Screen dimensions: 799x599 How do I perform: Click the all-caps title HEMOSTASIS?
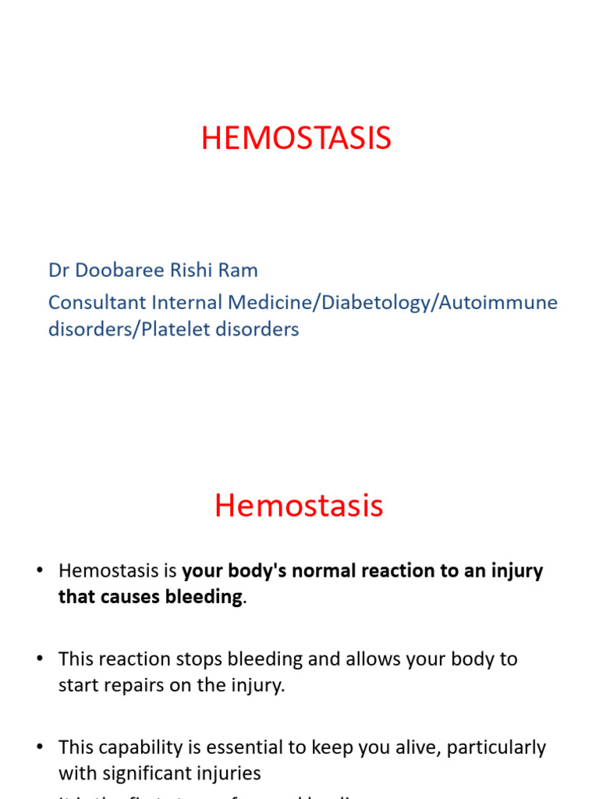tap(296, 139)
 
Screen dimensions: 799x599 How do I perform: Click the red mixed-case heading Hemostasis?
tap(299, 506)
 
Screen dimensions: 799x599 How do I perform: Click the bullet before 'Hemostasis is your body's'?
tap(38, 571)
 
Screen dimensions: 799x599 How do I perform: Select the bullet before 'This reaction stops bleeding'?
tap(38, 659)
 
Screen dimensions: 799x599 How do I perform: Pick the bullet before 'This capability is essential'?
tap(38, 748)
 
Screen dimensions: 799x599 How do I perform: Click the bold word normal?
tap(340, 571)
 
